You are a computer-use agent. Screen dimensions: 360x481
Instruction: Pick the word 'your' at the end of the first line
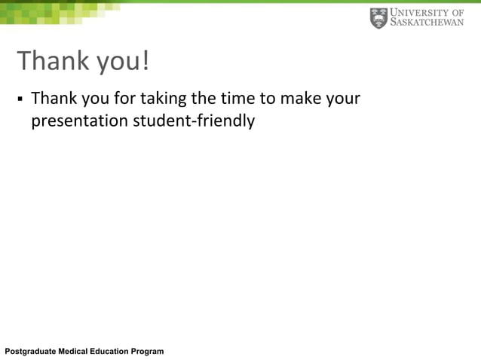pos(344,99)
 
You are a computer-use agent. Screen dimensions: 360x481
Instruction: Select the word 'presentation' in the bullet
pos(79,121)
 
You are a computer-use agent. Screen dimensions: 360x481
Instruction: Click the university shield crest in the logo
pos(378,18)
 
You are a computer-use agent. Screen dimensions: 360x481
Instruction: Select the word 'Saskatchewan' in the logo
pos(427,23)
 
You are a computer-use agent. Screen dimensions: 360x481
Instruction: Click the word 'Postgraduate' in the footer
pos(31,352)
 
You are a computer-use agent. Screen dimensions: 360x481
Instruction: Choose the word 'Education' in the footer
pos(114,352)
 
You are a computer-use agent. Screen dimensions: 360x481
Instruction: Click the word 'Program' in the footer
pos(148,352)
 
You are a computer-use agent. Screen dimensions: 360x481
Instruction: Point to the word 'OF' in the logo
pos(456,12)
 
